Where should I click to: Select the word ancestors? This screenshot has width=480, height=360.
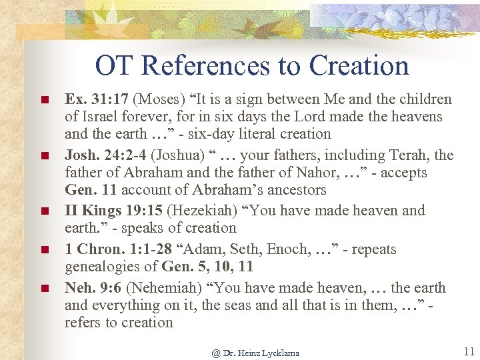pos(293,190)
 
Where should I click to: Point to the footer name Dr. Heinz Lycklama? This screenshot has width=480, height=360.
pos(255,353)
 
